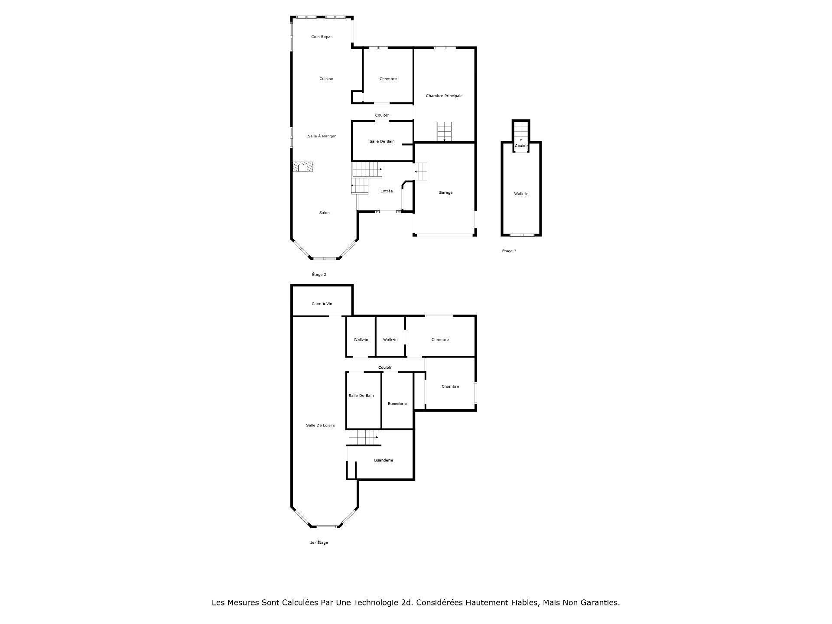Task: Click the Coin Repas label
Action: [x=322, y=37]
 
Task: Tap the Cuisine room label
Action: [x=326, y=79]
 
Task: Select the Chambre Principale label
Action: [x=444, y=96]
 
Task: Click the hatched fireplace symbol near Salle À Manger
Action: [x=302, y=167]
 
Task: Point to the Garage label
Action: [x=445, y=192]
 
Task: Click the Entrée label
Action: [x=387, y=191]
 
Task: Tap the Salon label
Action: [x=324, y=213]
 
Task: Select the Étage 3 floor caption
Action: [x=509, y=251]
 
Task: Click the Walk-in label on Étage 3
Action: [x=521, y=194]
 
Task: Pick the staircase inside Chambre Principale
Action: [x=444, y=131]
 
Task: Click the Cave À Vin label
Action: [x=322, y=304]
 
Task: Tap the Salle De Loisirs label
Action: [x=320, y=426]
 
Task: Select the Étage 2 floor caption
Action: [x=319, y=274]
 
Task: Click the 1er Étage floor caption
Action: [x=318, y=543]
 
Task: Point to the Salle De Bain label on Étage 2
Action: [x=382, y=141]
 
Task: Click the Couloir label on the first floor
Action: [x=385, y=367]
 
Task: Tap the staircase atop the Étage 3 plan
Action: [x=521, y=130]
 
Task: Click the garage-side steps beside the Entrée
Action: [x=422, y=172]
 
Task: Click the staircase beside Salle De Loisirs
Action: [x=363, y=437]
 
